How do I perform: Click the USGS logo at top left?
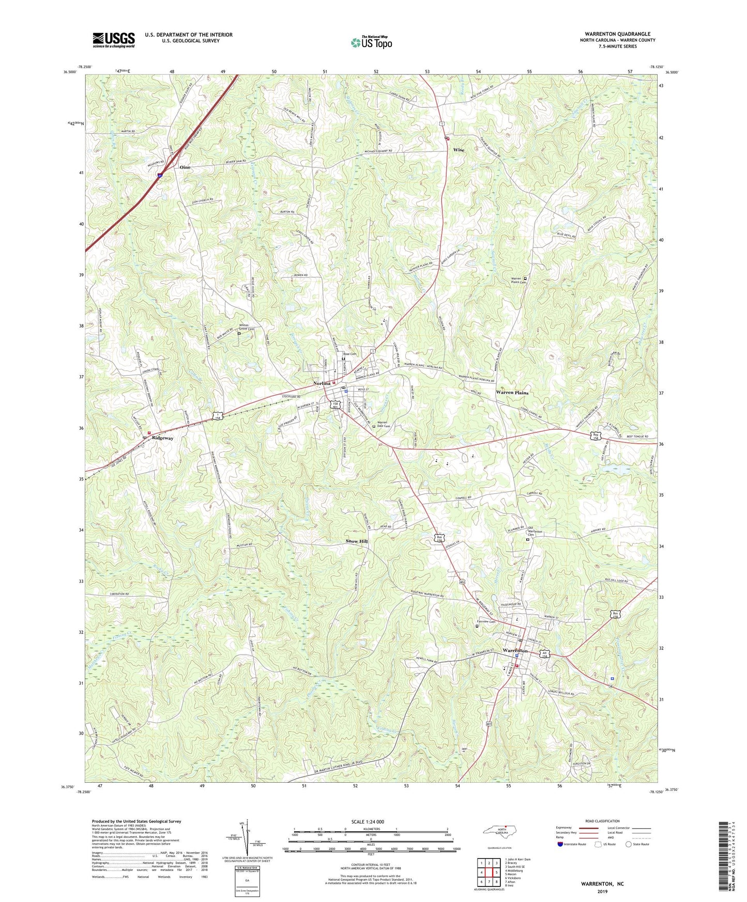pos(114,40)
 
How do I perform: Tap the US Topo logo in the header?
pos(371,43)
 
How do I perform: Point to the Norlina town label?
pos(322,383)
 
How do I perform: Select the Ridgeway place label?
pos(162,438)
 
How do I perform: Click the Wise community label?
pos(459,150)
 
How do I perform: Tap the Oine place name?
pos(185,167)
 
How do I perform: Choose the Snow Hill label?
pos(357,541)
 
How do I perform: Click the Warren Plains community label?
pos(512,393)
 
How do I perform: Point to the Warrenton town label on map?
pos(515,650)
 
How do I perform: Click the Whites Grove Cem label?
pos(247,328)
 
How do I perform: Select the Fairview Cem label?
pos(486,622)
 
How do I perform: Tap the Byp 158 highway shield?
pos(597,436)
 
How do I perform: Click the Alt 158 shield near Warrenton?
pos(545,654)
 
